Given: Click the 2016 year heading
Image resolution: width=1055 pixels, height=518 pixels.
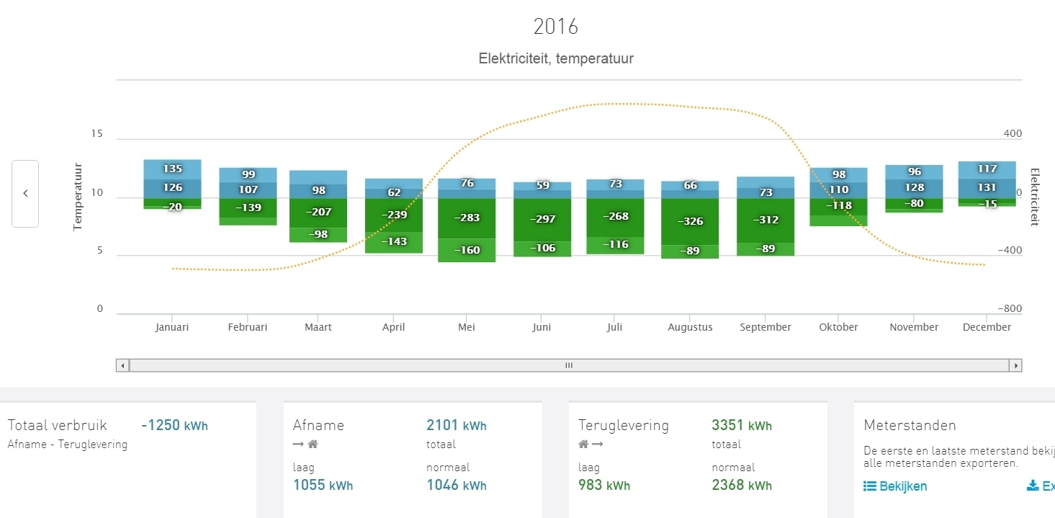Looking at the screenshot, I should (555, 27).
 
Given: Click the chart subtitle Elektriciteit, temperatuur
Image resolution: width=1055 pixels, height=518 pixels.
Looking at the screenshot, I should (556, 59).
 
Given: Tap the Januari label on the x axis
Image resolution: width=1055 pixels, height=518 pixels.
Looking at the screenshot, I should (172, 327).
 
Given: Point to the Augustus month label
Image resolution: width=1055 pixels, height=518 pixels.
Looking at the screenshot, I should (690, 327).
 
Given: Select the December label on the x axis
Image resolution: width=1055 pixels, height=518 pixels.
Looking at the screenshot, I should (987, 327).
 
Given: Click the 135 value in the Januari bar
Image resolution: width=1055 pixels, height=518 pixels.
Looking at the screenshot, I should (172, 169).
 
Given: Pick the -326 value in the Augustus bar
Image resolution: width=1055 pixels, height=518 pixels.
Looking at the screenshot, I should (690, 221).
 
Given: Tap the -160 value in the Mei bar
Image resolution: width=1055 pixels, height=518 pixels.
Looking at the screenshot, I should (467, 251).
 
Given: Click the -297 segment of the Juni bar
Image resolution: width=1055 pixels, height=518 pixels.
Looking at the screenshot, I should (542, 219).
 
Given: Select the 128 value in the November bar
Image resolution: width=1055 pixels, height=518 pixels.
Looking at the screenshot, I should (914, 187).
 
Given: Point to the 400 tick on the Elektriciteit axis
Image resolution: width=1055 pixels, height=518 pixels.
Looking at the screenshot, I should (1013, 134).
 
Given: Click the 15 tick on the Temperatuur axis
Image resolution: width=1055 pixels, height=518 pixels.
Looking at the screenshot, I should (96, 134).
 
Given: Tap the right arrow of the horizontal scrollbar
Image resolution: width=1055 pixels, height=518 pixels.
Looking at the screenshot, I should (1016, 365).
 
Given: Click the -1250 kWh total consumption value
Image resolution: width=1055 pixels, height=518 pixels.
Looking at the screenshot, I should (174, 426).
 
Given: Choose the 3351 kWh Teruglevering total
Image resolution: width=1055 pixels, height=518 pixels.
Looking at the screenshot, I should (742, 426).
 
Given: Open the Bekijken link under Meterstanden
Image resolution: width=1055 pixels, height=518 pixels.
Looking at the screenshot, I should (895, 486).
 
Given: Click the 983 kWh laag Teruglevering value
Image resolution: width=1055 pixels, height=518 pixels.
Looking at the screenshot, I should (604, 486).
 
